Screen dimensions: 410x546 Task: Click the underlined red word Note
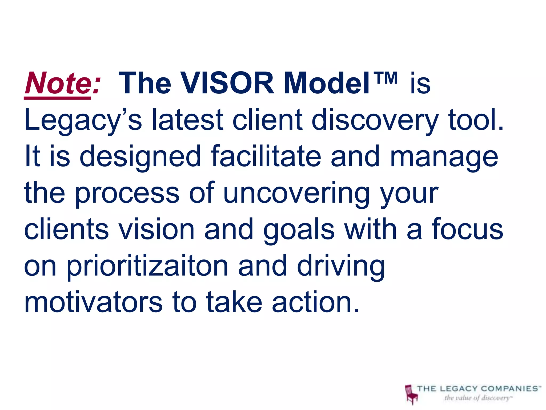(58, 83)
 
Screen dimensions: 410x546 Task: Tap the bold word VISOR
(227, 83)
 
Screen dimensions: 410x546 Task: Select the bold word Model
(327, 83)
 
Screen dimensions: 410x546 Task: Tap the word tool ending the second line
(476, 120)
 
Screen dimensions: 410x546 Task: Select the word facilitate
(266, 156)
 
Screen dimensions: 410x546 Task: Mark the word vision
(156, 229)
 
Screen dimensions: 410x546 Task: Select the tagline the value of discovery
(477, 398)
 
